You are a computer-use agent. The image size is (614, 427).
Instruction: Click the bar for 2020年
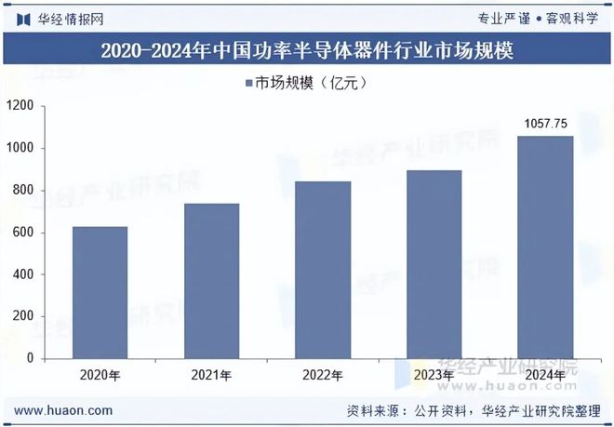pos(100,292)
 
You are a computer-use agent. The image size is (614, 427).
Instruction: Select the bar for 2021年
pos(211,280)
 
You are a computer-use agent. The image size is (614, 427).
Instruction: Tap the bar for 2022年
pos(323,270)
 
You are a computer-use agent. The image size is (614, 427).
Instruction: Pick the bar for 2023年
pos(434,264)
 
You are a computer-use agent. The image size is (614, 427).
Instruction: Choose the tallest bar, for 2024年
pos(545,247)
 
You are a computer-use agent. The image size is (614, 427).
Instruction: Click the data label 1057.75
pos(546,123)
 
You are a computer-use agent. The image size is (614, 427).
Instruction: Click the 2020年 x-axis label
pos(100,375)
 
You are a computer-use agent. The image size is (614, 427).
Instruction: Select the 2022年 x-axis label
pos(323,375)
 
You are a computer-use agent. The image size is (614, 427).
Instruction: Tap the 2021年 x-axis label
pos(211,375)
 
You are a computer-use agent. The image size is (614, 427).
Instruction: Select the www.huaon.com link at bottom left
pos(65,410)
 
